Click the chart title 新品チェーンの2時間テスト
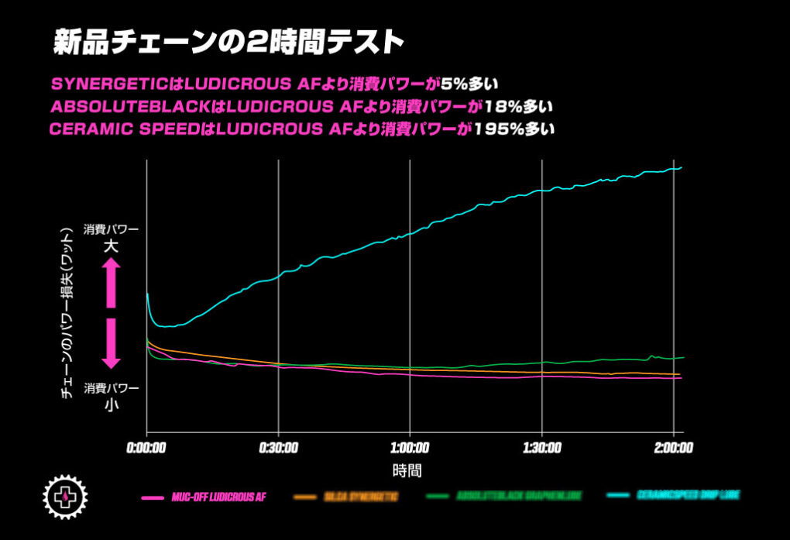coord(228,43)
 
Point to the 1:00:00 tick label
coord(410,449)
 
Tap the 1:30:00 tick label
coord(542,449)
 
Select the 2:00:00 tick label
coord(672,449)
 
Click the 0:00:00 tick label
coord(147,449)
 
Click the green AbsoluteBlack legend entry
coord(504,496)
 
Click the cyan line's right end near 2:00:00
coord(680,168)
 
